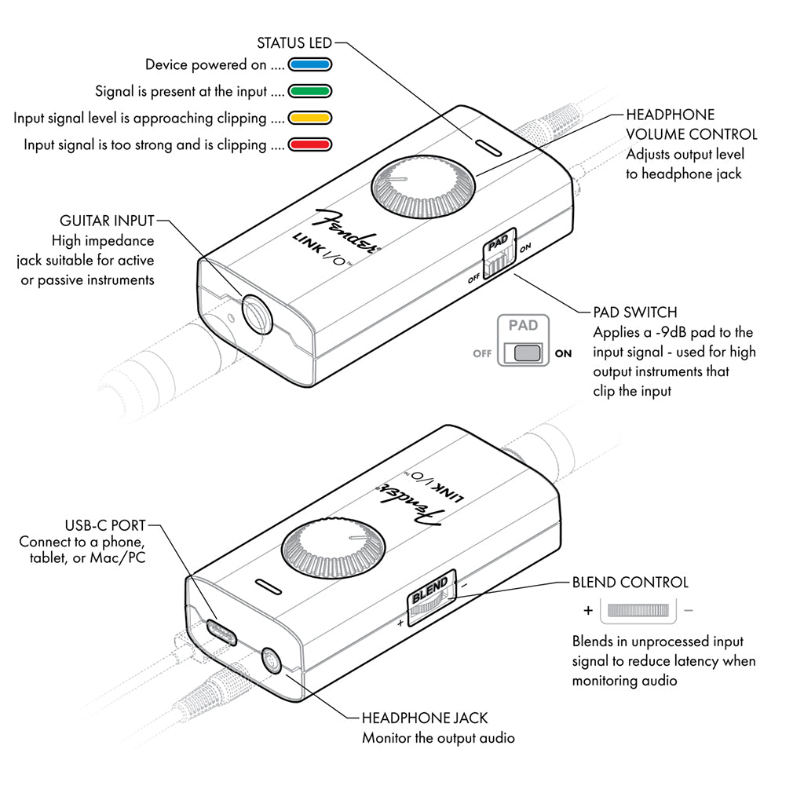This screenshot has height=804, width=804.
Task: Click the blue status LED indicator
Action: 311,64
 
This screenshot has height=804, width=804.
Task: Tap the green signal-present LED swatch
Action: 311,91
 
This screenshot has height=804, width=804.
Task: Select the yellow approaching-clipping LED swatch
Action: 311,118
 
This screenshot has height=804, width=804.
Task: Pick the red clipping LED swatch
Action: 311,144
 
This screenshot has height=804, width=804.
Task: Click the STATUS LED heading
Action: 294,42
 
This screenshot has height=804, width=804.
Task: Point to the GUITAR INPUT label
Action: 108,221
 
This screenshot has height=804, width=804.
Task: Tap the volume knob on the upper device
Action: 423,191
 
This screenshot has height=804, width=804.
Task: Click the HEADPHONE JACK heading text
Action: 424,718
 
